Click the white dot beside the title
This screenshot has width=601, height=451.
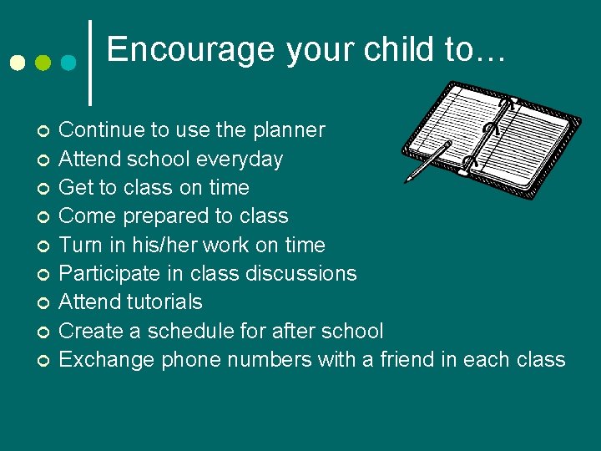click(16, 63)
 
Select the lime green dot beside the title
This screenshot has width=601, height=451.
click(43, 63)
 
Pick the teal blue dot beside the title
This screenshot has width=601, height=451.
click(69, 63)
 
